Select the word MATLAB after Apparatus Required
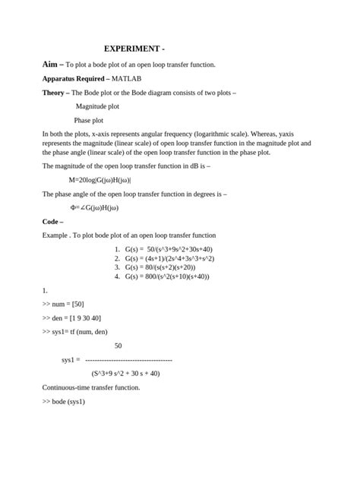tap(127, 78)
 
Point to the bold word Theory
tap(55, 93)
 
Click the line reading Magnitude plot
tap(97, 106)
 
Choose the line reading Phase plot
tap(89, 120)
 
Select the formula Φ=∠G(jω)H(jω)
tap(94, 207)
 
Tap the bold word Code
tap(52, 221)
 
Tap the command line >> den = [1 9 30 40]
tap(72, 317)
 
